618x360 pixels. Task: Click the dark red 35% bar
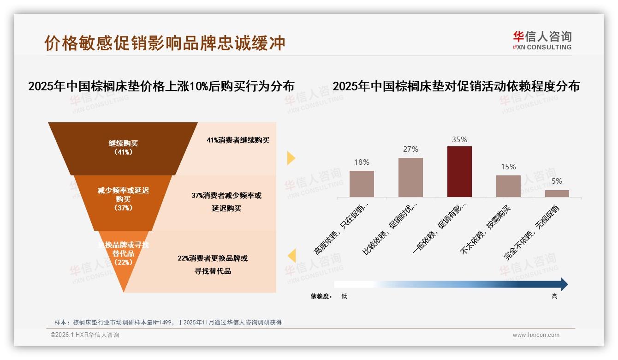pyautogui.click(x=459, y=172)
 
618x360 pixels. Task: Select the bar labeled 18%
pyautogui.click(x=362, y=184)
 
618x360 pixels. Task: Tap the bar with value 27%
pyautogui.click(x=410, y=177)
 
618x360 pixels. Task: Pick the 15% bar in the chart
pyautogui.click(x=508, y=186)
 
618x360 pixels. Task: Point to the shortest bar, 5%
pyautogui.click(x=557, y=193)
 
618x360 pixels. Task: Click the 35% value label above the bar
pyautogui.click(x=459, y=139)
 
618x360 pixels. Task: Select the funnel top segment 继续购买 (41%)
pyautogui.click(x=123, y=148)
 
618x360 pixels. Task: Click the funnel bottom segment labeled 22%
pyautogui.click(x=123, y=254)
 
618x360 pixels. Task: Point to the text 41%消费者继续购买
pyautogui.click(x=238, y=140)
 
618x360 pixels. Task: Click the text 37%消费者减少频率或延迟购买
pyautogui.click(x=226, y=202)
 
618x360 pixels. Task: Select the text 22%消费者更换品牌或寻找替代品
pyautogui.click(x=213, y=264)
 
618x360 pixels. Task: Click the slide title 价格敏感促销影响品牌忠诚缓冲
pyautogui.click(x=165, y=43)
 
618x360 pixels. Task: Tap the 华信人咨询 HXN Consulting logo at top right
pyautogui.click(x=542, y=41)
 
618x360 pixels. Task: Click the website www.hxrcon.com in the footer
pyautogui.click(x=535, y=335)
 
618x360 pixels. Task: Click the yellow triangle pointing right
pyautogui.click(x=291, y=158)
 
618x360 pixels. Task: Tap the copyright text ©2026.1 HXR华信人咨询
pyautogui.click(x=84, y=335)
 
